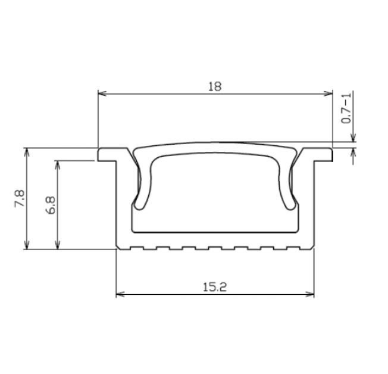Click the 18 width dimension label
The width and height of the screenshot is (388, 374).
point(215,86)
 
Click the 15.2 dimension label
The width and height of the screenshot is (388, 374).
point(215,287)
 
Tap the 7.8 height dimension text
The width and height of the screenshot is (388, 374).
point(20,198)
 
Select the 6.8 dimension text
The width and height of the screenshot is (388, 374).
point(51,205)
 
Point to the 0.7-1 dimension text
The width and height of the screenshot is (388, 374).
point(346,108)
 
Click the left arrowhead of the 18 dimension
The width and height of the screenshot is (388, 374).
point(102,93)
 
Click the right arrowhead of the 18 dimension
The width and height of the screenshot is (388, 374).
point(328,93)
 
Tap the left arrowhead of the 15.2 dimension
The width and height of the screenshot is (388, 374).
point(120,294)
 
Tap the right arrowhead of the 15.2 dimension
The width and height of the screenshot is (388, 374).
point(310,294)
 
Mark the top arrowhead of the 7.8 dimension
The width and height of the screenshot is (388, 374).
point(27,152)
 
